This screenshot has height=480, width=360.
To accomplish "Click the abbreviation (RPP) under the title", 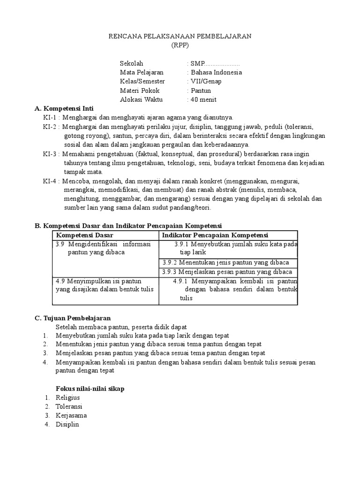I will pos(180,45).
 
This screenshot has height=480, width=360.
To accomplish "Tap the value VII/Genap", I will pos(205,82).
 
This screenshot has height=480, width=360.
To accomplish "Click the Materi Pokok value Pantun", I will pos(201,90).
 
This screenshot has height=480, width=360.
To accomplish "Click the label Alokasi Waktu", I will pos(141,100).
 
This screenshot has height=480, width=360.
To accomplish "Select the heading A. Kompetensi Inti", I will pos(65,109).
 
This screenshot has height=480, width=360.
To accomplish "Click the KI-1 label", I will pos(50,118).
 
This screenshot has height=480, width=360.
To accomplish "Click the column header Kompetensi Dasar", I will pos(85,235).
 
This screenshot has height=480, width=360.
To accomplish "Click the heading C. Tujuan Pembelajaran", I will pos(73,318).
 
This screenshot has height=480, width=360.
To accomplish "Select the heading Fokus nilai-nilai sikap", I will pos(90,389).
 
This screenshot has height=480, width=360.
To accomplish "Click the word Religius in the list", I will pos(67,398).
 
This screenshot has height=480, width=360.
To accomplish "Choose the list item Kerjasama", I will pos(71,416).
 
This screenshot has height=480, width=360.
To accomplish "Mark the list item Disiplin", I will pos(67,425).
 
